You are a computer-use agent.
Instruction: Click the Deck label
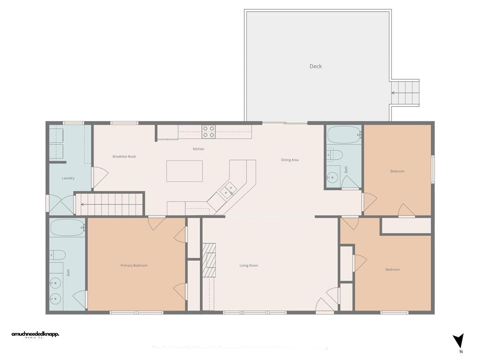point(315,67)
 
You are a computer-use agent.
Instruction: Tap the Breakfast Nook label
point(124,157)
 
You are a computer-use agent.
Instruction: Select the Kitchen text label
point(198,149)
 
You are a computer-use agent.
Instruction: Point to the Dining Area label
point(290,160)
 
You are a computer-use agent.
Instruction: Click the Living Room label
point(249,266)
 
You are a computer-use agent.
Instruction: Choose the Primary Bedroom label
point(134,266)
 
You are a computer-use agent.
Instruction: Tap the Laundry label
point(68,178)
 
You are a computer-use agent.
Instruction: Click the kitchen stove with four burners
point(209,131)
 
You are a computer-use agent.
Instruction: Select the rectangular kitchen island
point(185,171)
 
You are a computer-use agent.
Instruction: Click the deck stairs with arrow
point(405,93)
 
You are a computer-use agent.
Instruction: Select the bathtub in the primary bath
point(67,228)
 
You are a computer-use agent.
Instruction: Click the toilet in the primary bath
point(58,255)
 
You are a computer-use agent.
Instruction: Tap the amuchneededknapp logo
point(35,335)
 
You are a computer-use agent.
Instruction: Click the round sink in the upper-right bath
point(332,177)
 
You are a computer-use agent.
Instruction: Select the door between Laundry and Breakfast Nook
point(99,177)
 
